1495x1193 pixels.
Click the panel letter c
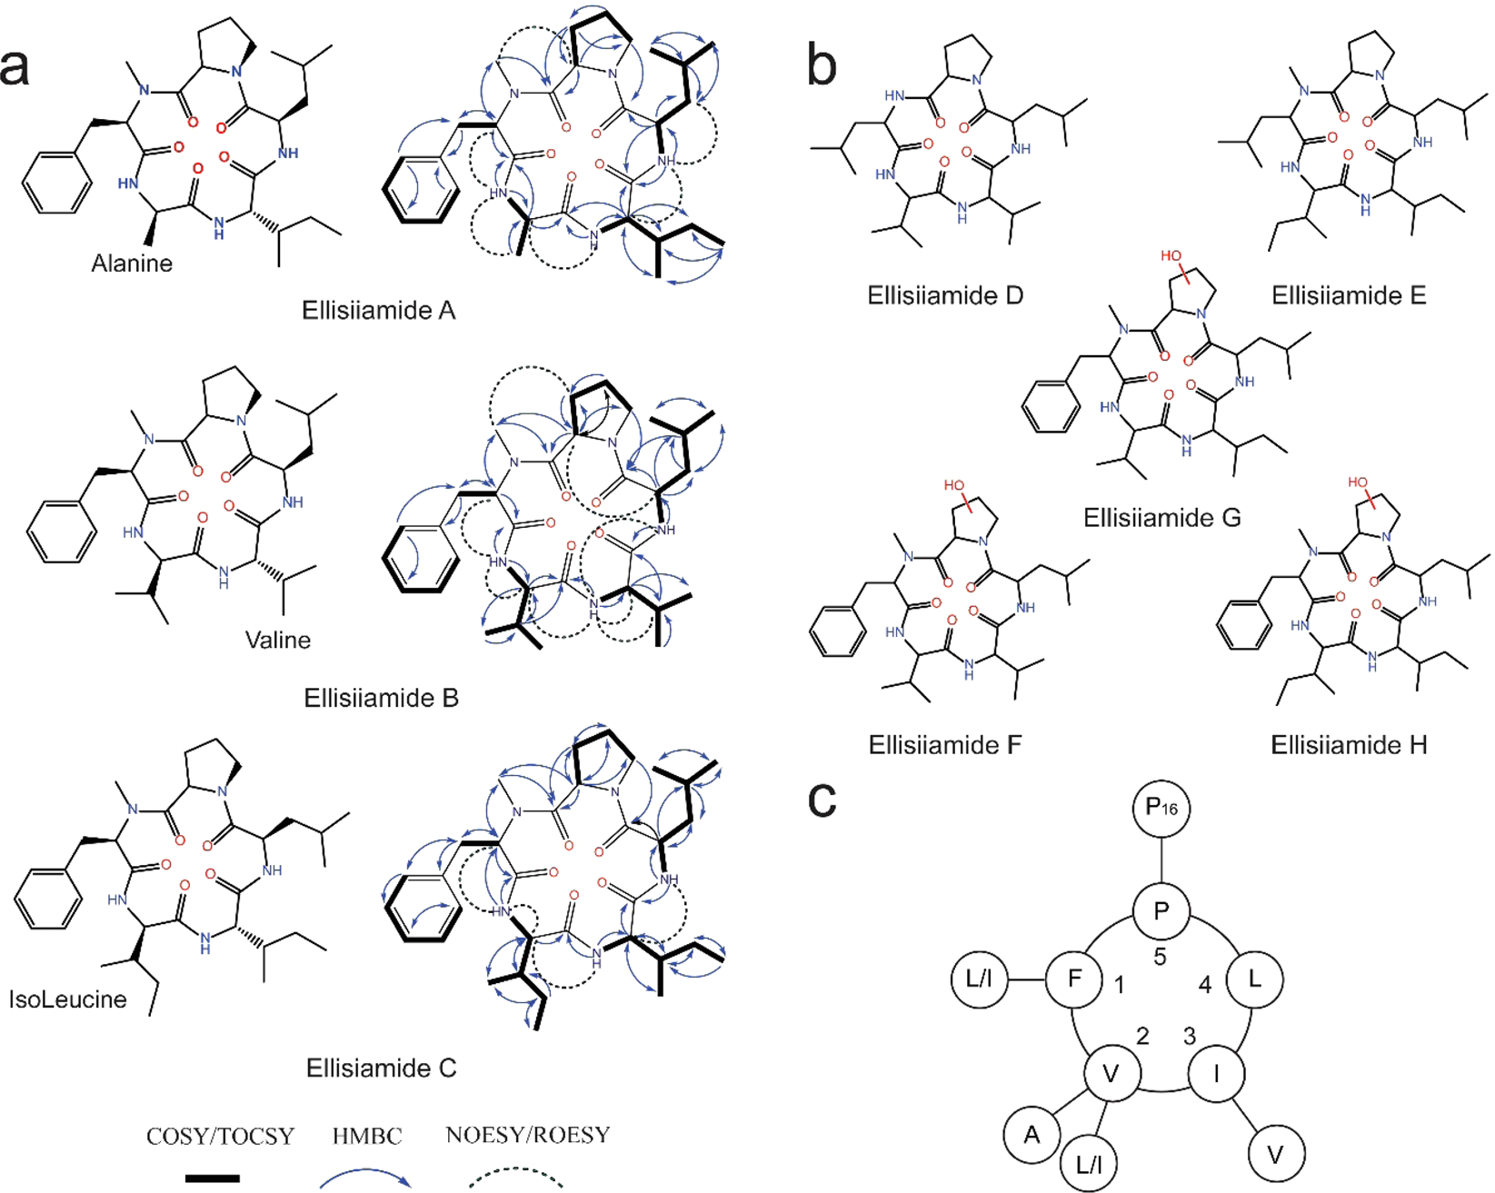pos(822,799)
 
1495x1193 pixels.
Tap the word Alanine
pos(132,263)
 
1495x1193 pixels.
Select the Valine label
pos(278,640)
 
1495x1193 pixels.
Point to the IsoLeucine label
pos(67,999)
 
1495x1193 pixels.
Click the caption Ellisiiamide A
pos(379,311)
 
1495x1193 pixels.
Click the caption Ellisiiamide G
pos(1161,518)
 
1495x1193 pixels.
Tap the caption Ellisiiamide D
pos(945,295)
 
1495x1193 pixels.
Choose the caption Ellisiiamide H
pos(1349,745)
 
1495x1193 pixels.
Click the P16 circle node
pos(1161,808)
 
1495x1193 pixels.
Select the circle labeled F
pos(1074,979)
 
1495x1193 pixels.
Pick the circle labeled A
pos(1032,1134)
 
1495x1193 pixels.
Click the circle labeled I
pos(1216,1075)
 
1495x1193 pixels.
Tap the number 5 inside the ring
pos(1160,957)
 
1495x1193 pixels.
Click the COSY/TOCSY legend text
pos(221,1137)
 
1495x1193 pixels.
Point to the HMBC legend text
pos(367,1136)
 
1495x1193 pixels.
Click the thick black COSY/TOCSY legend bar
pos(213,1178)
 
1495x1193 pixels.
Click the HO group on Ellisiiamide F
pos(954,485)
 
